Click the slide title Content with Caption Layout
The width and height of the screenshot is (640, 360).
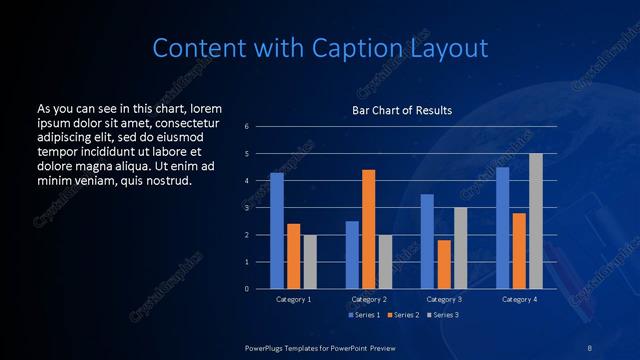point(319,48)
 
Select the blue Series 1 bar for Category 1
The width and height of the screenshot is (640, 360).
point(277,230)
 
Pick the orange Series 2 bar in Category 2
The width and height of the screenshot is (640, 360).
point(369,229)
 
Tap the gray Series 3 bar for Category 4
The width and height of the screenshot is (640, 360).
point(535,221)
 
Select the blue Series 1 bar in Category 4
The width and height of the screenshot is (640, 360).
point(502,227)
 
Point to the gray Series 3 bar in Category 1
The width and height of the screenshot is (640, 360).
point(310,261)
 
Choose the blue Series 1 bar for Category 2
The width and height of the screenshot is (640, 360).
point(352,254)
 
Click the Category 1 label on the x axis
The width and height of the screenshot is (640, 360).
point(293,299)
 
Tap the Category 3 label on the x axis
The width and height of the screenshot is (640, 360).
point(444,299)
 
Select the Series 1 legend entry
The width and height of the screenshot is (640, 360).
point(364,315)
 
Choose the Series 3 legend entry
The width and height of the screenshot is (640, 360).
point(443,315)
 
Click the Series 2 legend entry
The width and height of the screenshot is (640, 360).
point(403,315)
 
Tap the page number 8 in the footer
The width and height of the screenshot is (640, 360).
point(589,346)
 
